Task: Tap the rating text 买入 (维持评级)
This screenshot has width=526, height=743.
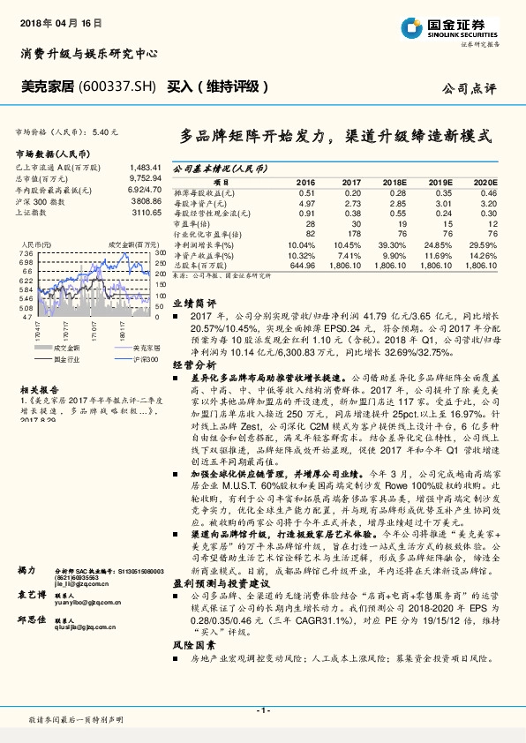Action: (x=217, y=86)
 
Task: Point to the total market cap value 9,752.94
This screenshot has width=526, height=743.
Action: (x=144, y=177)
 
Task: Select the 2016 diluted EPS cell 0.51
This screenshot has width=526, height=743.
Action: (x=306, y=192)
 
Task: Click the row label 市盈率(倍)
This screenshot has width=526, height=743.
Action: (x=192, y=224)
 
